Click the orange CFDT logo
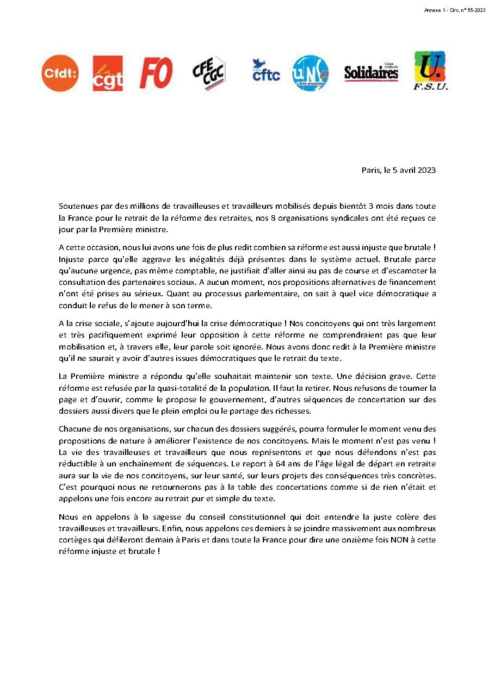(60, 73)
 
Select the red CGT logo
(108, 73)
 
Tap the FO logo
(156, 73)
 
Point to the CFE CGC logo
(209, 73)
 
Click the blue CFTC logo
(265, 71)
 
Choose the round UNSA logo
(311, 72)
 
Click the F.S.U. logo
(430, 71)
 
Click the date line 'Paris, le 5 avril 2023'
(398, 170)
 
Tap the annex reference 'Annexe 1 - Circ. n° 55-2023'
(454, 10)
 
